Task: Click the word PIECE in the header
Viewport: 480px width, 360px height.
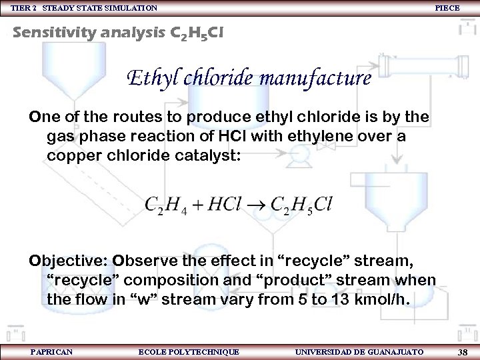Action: tap(447, 8)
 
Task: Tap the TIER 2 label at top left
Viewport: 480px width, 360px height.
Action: tap(23, 8)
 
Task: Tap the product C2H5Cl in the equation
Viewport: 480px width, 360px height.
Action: tap(301, 203)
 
